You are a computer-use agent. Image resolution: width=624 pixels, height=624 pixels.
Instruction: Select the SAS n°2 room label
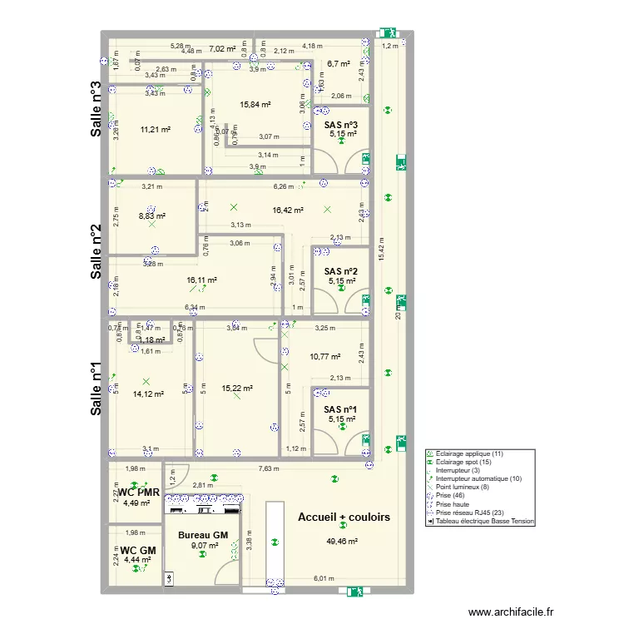point(340,271)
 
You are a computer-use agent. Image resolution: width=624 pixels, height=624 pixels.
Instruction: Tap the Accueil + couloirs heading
point(344,517)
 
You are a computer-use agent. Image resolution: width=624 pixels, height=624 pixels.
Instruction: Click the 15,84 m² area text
point(255,105)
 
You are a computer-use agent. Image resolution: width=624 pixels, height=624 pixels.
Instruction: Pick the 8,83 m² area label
point(151,215)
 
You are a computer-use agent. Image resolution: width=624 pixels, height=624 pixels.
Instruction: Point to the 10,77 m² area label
point(324,357)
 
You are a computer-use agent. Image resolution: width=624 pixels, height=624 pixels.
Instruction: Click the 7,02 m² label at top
point(221,49)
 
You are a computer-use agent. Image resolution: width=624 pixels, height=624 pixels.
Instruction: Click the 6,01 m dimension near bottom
point(324,578)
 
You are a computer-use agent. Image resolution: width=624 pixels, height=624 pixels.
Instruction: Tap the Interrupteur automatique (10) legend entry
point(475,478)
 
